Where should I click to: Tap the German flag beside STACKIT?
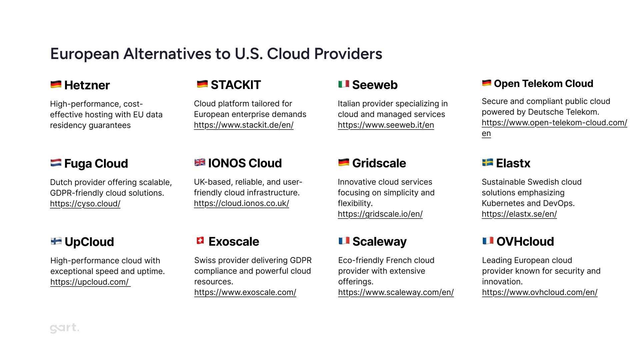pos(202,84)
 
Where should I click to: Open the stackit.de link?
pos(244,125)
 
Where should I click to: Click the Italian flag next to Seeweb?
pos(344,84)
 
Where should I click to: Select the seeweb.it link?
pos(386,125)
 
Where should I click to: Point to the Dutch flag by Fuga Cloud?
pos(56,163)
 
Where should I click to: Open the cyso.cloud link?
pos(85,204)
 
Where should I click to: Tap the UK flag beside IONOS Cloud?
pos(200,162)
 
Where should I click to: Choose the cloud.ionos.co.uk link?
pos(241,203)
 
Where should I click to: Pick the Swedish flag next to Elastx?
pos(488,162)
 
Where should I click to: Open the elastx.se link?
pos(519,214)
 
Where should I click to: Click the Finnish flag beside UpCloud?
pos(56,241)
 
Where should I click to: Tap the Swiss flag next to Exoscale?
pos(200,240)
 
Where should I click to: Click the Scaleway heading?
pos(380,242)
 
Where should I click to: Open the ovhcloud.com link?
pos(540,292)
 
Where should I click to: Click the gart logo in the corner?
pos(65,328)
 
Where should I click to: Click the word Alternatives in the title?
pos(177,54)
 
